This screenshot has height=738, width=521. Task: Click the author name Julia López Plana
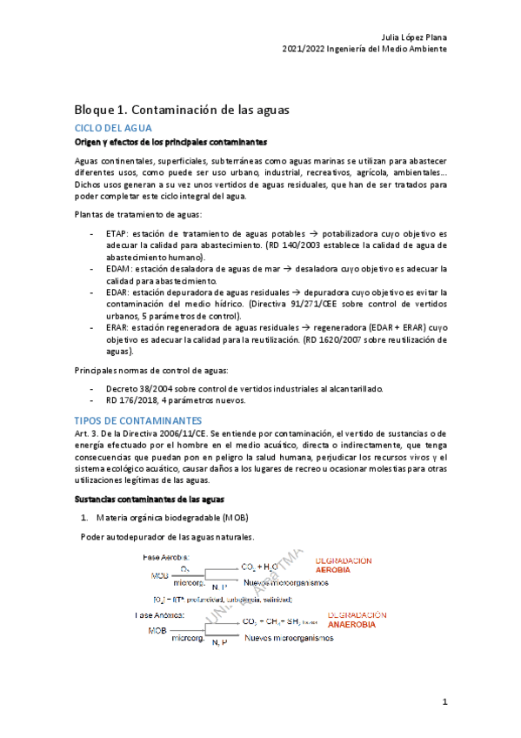pyautogui.click(x=415, y=37)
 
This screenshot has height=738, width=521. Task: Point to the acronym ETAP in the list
pyautogui.click(x=117, y=234)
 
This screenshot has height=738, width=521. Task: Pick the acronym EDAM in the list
pyautogui.click(x=117, y=270)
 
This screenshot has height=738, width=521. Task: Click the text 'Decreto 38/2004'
pyautogui.click(x=140, y=387)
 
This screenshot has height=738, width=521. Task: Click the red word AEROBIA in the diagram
pyautogui.click(x=345, y=569)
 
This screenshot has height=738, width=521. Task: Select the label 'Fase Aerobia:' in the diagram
pyautogui.click(x=166, y=556)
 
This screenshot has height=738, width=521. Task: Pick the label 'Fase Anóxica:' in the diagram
pyautogui.click(x=164, y=614)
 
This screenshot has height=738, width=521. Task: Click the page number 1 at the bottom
pyautogui.click(x=444, y=701)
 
